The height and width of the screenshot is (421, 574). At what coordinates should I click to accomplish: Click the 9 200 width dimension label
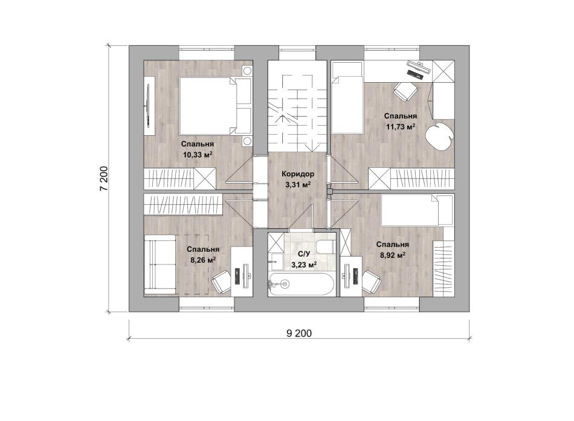coord(299,333)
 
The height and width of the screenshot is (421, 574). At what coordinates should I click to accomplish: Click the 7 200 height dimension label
coord(104,179)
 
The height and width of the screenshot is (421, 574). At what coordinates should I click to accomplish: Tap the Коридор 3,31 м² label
coord(298,179)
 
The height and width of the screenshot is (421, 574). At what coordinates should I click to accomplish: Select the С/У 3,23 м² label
coord(304,259)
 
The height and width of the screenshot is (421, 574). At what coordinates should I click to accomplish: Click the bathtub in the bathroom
coord(301,284)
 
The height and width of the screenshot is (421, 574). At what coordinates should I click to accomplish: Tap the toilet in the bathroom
coord(325,246)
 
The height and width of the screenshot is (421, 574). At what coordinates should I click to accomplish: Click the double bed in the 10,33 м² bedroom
coord(215,106)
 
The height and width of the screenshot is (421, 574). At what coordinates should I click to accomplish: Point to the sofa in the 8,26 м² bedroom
coord(160,265)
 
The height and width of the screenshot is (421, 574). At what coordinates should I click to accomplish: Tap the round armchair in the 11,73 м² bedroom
coord(439,136)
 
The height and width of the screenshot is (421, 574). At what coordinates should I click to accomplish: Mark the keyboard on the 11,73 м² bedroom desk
coord(414,74)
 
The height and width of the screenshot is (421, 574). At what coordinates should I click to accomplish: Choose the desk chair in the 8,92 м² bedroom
coord(372,281)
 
